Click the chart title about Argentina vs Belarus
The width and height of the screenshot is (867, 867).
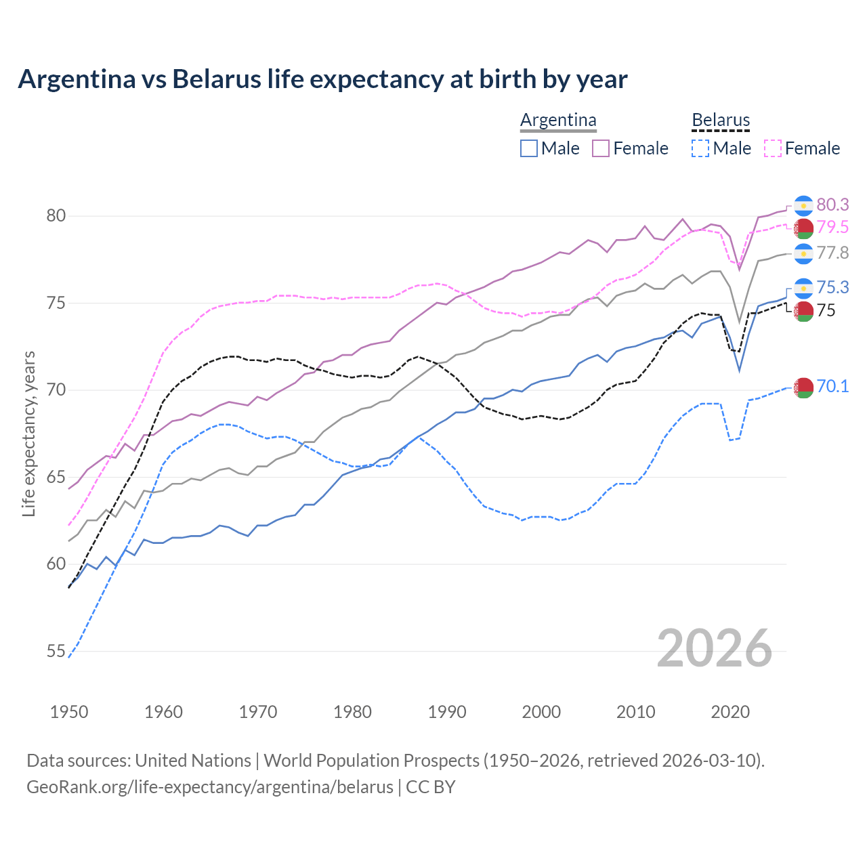pyautogui.click(x=322, y=79)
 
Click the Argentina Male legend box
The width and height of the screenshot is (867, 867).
pyautogui.click(x=529, y=148)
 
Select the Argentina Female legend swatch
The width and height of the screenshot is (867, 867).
pyautogui.click(x=601, y=148)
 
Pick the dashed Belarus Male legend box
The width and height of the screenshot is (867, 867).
pyautogui.click(x=700, y=148)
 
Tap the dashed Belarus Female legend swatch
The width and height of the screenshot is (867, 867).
pyautogui.click(x=773, y=148)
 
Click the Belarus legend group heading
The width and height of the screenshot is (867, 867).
pyautogui.click(x=721, y=121)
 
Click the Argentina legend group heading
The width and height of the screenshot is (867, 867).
pyautogui.click(x=558, y=121)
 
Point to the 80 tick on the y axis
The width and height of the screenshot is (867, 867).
pyautogui.click(x=56, y=216)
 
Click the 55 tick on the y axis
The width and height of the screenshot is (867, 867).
pyautogui.click(x=56, y=652)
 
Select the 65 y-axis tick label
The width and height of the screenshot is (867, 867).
pyautogui.click(x=56, y=478)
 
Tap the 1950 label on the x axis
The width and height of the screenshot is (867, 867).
pyautogui.click(x=69, y=712)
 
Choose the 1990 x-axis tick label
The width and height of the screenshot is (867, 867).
pyautogui.click(x=447, y=712)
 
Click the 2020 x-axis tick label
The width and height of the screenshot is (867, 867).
pyautogui.click(x=730, y=712)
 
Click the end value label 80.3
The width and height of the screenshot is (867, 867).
pyautogui.click(x=832, y=205)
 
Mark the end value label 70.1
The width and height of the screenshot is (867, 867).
pyautogui.click(x=832, y=387)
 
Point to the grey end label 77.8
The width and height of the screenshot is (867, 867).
pyautogui.click(x=832, y=253)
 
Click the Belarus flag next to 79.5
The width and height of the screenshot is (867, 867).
pyautogui.click(x=803, y=228)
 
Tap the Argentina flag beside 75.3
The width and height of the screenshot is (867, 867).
pyautogui.click(x=803, y=288)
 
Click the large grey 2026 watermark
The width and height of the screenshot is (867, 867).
pyautogui.click(x=714, y=649)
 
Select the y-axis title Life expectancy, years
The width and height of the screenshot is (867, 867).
pyautogui.click(x=28, y=433)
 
